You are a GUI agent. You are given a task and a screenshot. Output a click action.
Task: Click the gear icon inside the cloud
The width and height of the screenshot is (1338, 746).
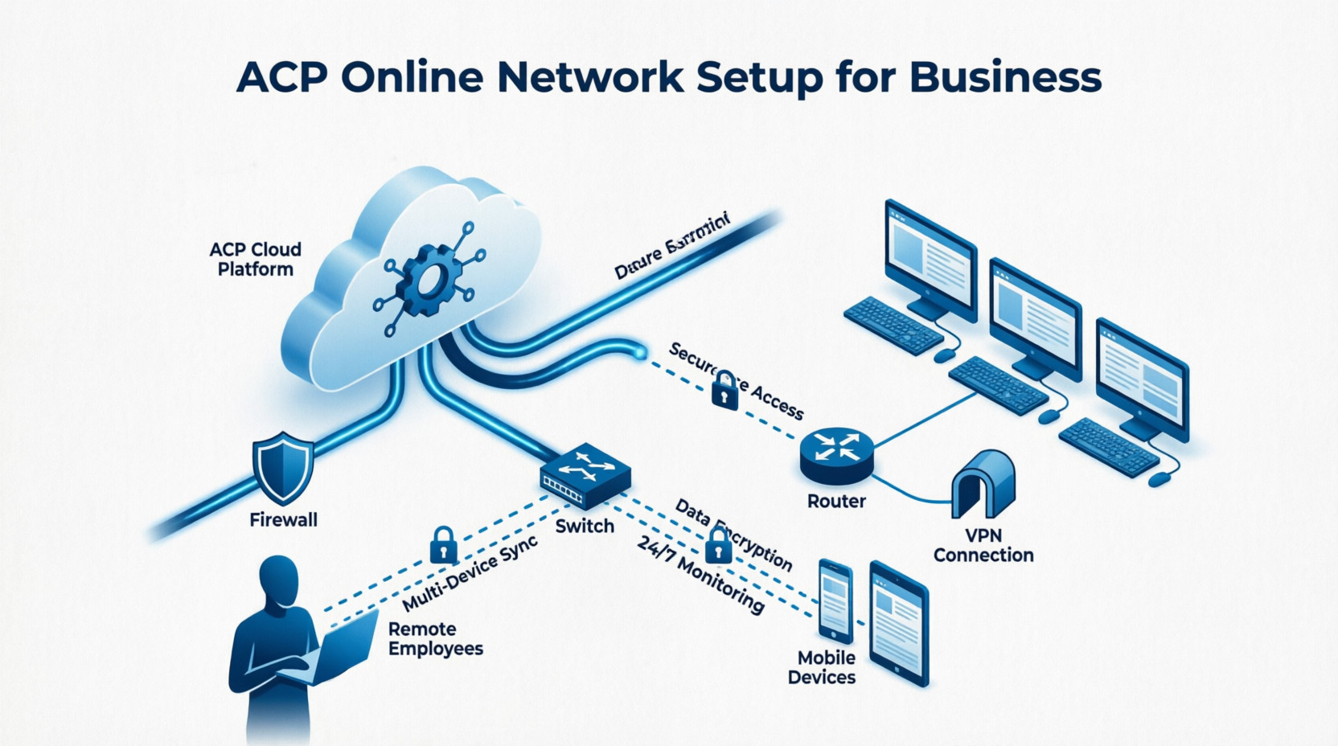click(x=429, y=280)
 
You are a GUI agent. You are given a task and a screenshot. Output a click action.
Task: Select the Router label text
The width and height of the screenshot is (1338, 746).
click(x=836, y=501)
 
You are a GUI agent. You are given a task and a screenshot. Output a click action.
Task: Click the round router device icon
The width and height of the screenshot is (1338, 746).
click(x=836, y=455)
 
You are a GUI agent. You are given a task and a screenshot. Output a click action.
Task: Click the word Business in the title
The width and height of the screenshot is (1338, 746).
click(x=1005, y=77)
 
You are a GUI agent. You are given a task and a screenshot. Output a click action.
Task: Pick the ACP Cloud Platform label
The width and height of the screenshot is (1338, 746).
click(x=256, y=259)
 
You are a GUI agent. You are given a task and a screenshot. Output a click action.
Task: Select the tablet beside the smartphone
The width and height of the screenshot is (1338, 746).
click(x=898, y=624)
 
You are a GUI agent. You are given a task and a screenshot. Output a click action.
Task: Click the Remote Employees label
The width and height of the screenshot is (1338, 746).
click(x=435, y=638)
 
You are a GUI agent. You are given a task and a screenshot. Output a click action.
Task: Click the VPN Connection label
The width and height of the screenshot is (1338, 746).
click(x=983, y=545)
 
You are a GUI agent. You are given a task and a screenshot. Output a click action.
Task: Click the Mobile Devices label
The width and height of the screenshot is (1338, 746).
click(x=821, y=667)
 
